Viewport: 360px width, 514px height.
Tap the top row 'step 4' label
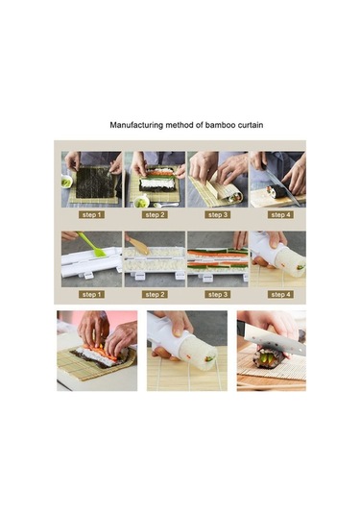[x=279, y=215]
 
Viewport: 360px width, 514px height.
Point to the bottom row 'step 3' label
[x=217, y=294]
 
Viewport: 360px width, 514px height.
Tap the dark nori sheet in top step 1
[x=92, y=182]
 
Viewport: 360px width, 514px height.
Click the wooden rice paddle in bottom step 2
[x=141, y=246]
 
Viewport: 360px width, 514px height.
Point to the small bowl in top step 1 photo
[x=67, y=182]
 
